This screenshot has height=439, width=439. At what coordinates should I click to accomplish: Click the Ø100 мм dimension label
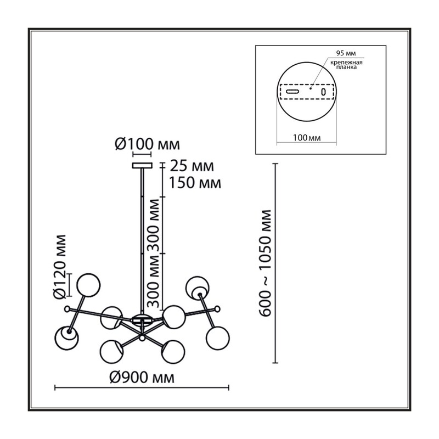[147, 144]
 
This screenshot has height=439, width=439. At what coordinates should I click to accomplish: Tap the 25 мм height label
[192, 166]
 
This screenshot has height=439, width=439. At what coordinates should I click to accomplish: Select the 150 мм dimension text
[195, 183]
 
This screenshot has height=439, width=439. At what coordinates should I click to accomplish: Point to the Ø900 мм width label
[142, 378]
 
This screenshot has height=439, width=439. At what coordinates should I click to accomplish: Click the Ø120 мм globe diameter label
[60, 267]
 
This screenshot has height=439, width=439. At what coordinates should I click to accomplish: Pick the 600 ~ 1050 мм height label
[265, 263]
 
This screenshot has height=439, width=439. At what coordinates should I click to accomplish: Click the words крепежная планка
[346, 65]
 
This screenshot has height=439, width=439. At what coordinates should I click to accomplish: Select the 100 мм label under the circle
[307, 138]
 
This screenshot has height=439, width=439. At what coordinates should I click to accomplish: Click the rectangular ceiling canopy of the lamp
[142, 166]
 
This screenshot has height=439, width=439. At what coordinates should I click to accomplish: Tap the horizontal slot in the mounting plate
[292, 91]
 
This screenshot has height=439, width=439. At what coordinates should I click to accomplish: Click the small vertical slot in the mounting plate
[323, 92]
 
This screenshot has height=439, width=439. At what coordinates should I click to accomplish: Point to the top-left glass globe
[88, 284]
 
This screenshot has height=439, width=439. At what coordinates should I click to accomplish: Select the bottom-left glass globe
[66, 338]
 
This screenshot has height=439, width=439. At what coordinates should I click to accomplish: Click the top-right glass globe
[197, 288]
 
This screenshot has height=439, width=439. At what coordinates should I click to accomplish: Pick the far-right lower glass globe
[218, 338]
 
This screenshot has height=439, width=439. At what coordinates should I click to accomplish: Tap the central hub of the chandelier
[142, 319]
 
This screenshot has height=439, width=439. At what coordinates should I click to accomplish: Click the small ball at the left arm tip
[67, 309]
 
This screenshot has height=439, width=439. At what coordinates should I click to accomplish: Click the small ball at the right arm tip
[217, 309]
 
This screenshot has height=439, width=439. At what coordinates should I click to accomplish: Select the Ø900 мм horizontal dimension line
[142, 388]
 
